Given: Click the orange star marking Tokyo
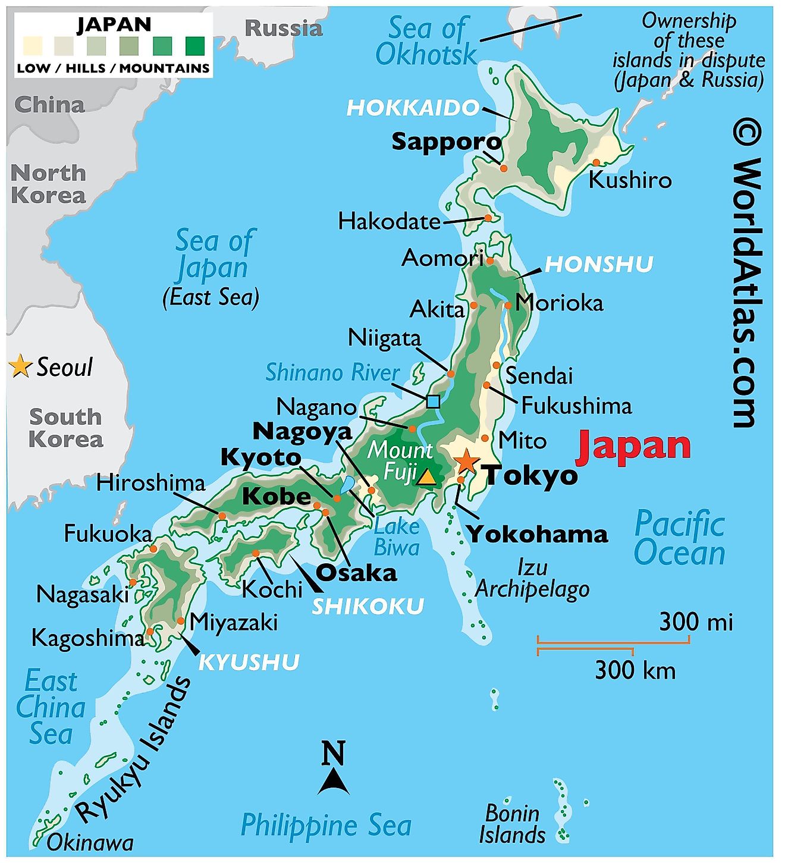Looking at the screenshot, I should click(466, 461).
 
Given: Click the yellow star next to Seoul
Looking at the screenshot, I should click(20, 366).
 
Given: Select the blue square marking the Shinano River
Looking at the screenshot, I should click(433, 401).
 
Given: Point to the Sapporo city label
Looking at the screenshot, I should click(446, 142).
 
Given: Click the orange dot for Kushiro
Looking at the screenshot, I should click(596, 163).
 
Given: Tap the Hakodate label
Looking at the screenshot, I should click(389, 222).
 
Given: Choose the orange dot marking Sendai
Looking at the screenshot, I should click(496, 365).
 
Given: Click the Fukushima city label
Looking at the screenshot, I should click(576, 406).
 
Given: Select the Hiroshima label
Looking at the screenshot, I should click(150, 483).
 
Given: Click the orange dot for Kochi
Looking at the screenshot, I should click(256, 553).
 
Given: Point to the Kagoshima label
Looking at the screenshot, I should click(87, 638).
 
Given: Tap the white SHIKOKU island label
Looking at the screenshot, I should click(368, 607).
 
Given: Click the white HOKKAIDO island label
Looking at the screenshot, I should click(413, 108).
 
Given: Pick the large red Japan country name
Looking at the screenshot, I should click(633, 446).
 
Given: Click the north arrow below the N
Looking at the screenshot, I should click(334, 782).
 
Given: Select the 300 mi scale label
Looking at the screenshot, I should click(696, 622).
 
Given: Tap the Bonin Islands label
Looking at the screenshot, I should click(512, 824).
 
